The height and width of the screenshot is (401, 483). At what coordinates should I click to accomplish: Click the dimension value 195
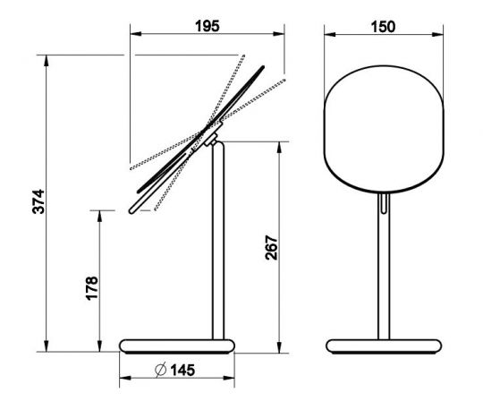[208, 26]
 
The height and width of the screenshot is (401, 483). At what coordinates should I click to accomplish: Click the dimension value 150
[384, 26]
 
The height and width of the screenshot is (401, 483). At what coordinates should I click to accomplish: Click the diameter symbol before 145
[158, 369]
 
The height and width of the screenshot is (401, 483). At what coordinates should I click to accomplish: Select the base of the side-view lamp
[179, 346]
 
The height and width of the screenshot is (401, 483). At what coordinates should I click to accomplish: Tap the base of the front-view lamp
[384, 346]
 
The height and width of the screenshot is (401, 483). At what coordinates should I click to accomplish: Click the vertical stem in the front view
[384, 269]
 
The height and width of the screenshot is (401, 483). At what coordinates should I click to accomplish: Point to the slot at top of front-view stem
[384, 205]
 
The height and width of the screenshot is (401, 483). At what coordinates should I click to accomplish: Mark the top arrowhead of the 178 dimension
[99, 213]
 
